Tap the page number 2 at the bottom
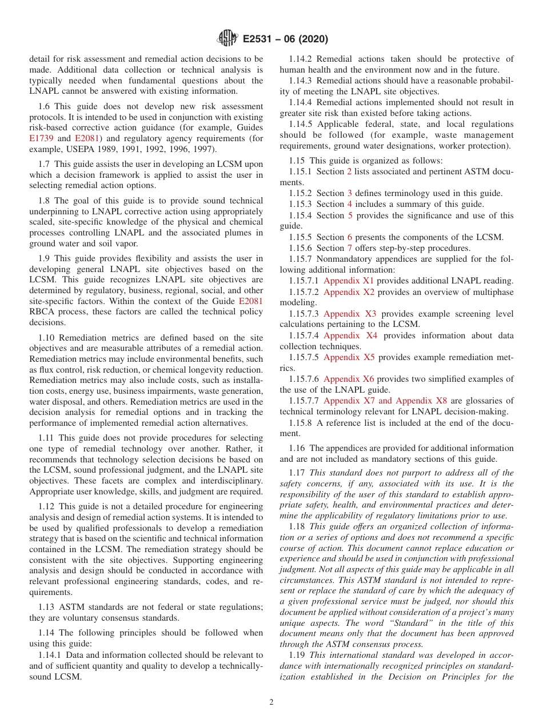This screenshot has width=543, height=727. [x=271, y=702]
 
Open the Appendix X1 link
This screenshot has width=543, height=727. [x=348, y=281]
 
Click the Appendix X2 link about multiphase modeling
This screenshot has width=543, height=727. [x=348, y=291]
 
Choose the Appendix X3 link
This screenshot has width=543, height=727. [x=350, y=314]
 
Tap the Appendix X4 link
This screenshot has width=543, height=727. [x=350, y=335]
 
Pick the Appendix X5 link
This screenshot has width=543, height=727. [x=349, y=357]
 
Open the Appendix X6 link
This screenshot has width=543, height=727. [x=348, y=379]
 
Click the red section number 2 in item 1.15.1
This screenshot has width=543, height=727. [x=349, y=171]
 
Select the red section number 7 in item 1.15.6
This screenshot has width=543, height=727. [x=349, y=248]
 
